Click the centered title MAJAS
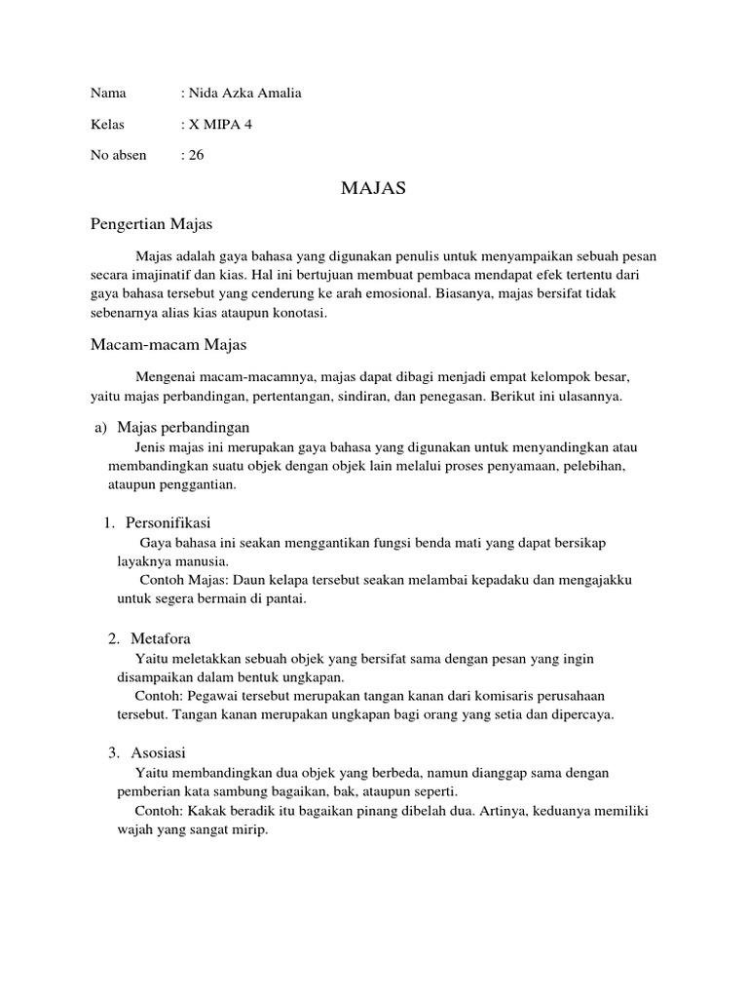[373, 188]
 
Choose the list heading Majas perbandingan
[183, 427]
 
